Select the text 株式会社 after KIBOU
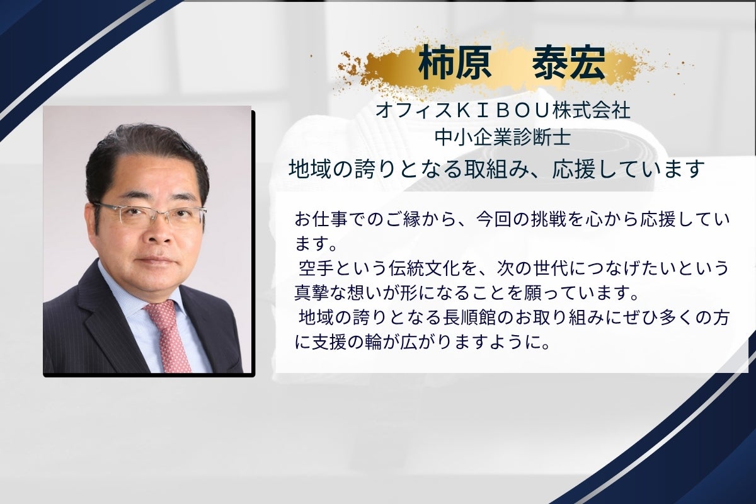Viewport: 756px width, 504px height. click(592, 111)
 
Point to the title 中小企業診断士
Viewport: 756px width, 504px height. click(503, 138)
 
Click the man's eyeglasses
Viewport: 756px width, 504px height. click(149, 214)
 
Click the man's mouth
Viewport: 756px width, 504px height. click(157, 261)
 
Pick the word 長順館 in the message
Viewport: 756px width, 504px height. click(469, 318)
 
